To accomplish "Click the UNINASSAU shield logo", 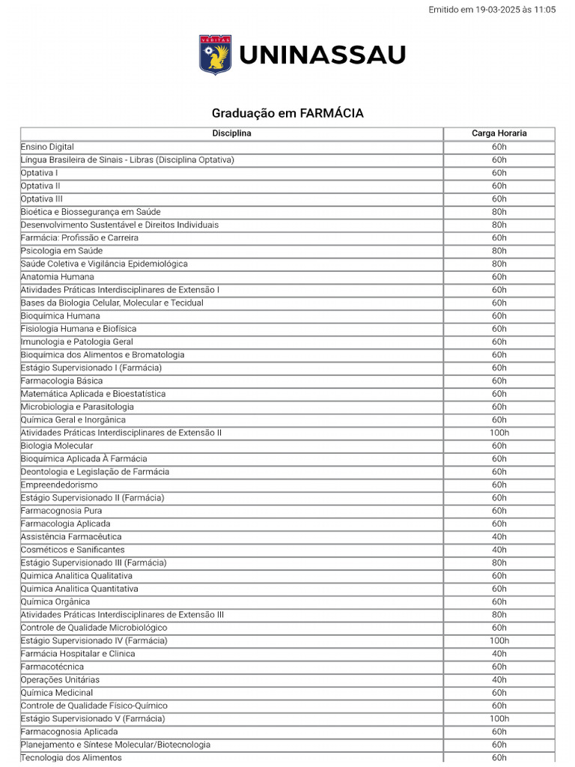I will (215, 55).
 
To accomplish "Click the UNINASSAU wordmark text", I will (322, 55).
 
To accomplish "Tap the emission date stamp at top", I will (492, 10).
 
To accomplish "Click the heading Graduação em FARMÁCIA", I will (287, 113).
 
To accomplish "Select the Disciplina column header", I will (231, 133).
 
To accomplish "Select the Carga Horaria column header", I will (499, 133).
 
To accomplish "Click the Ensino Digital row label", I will (47, 147).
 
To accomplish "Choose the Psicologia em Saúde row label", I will (61, 251).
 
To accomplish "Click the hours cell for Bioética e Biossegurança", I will (499, 212).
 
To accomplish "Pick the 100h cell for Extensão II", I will (499, 433).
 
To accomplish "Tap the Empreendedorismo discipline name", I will (59, 485).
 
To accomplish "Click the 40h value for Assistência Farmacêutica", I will (499, 537).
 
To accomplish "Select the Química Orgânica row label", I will (55, 602).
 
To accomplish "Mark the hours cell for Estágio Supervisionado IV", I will (499, 641).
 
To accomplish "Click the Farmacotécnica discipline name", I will (52, 667).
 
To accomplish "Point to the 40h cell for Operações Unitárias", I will (499, 680).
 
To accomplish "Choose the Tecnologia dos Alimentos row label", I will (71, 758).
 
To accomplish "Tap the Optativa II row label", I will (40, 186).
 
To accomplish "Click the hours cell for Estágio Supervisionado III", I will (499, 563).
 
